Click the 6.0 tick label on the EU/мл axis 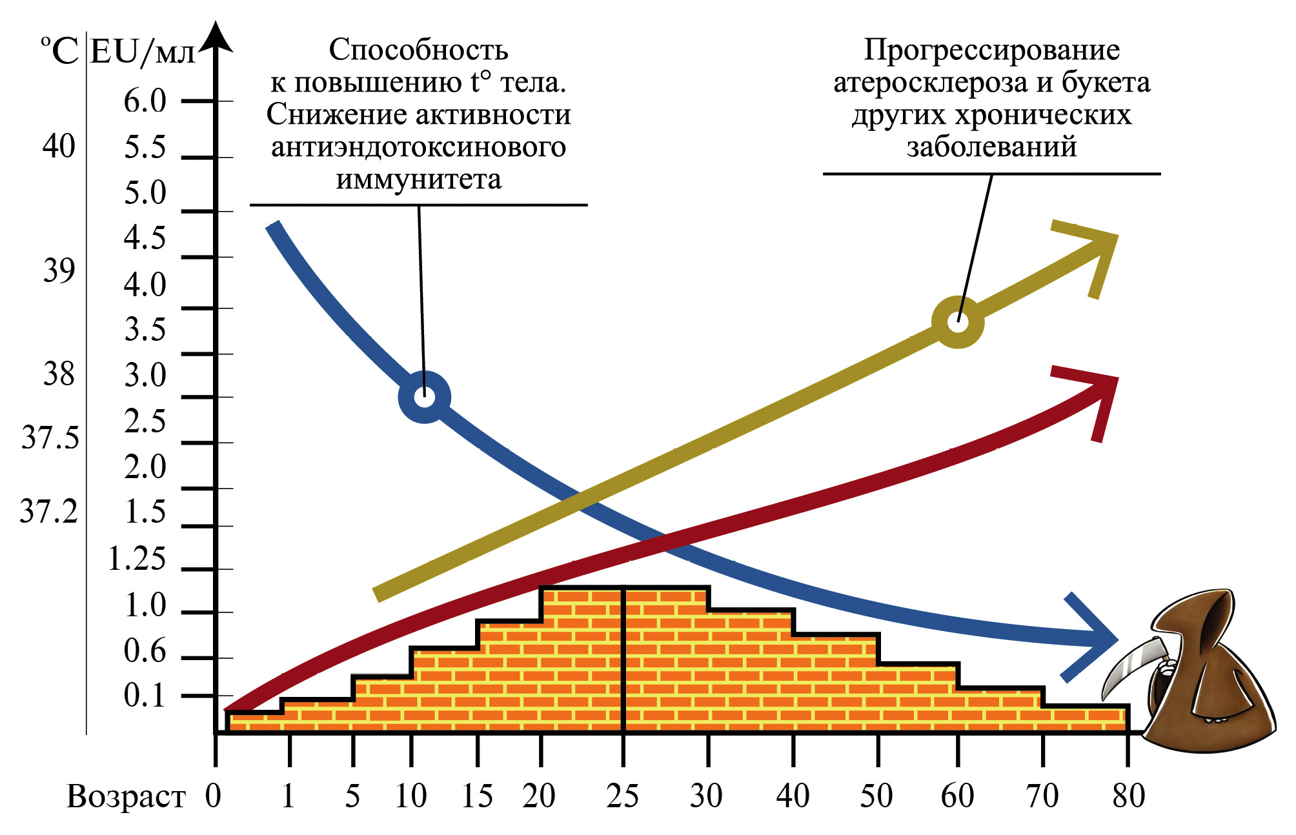tap(145, 101)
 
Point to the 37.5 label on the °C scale tap(50, 438)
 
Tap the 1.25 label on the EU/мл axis tap(137, 559)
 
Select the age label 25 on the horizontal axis tap(622, 796)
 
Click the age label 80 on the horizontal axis tap(1128, 796)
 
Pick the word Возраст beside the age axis tap(126, 797)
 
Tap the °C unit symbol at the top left tap(59, 51)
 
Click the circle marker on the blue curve tap(424, 397)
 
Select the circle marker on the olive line tap(958, 322)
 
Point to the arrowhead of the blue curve tap(1097, 638)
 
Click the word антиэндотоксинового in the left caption tap(418, 147)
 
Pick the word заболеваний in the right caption tap(991, 147)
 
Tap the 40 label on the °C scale tap(59, 146)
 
